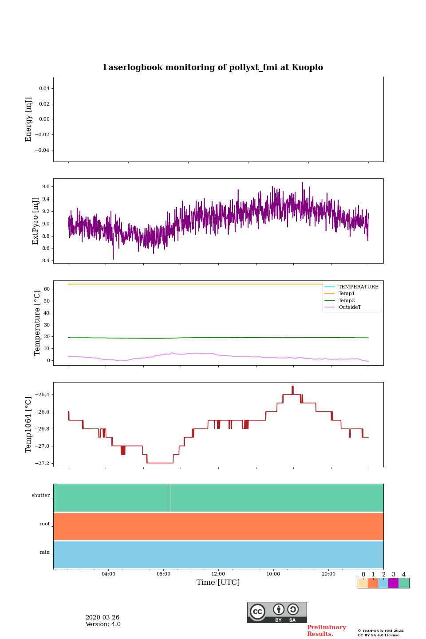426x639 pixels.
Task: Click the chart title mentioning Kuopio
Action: [x=213, y=67]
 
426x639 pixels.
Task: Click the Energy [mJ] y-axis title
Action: [x=29, y=119]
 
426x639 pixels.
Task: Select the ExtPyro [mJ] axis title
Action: [x=36, y=221]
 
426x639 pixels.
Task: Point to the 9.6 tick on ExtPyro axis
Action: [x=46, y=187]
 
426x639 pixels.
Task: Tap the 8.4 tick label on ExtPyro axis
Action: [x=46, y=260]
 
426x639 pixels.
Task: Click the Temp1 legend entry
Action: [x=347, y=294]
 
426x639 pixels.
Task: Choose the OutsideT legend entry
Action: [x=350, y=308]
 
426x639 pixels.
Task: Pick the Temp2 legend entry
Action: [x=347, y=301]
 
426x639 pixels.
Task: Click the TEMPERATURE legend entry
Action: [x=358, y=287]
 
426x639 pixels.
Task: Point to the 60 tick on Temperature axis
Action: [x=47, y=289]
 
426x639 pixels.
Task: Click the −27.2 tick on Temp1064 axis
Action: [x=43, y=463]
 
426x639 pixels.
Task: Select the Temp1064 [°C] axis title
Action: [x=29, y=425]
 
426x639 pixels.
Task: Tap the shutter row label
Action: [x=41, y=496]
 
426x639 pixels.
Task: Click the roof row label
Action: [x=45, y=524]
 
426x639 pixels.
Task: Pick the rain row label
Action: [x=45, y=552]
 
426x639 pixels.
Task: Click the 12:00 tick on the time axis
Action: [x=218, y=574]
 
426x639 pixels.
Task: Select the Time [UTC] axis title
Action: [x=218, y=583]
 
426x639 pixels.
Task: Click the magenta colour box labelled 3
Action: [x=393, y=583]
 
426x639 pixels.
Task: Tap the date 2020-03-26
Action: [x=103, y=618]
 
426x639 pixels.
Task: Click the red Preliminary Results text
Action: [x=326, y=631]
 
